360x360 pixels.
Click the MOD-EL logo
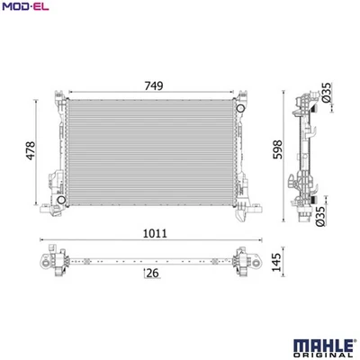[24, 9]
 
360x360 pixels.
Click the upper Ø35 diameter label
[326, 92]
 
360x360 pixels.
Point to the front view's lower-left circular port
[59, 197]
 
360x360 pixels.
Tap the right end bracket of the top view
[240, 260]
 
